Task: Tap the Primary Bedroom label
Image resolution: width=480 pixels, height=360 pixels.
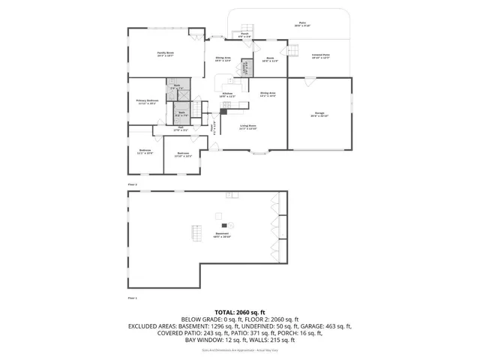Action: point(147,101)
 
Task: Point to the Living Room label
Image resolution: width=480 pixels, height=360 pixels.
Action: point(248,127)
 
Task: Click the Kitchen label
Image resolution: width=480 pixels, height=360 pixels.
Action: point(227,94)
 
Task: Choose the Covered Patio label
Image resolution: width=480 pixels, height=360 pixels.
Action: point(320,57)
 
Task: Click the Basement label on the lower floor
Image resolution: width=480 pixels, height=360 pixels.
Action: point(222,235)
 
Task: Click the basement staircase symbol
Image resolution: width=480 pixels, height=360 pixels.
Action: point(196,233)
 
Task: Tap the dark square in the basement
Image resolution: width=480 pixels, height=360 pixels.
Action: point(223,225)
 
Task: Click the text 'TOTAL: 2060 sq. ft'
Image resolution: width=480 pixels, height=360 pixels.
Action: point(240,311)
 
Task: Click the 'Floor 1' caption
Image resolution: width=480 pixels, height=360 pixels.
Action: point(133,298)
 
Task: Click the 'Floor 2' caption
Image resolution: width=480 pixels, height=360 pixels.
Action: point(133,184)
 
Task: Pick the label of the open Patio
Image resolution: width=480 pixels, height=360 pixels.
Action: point(302,25)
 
